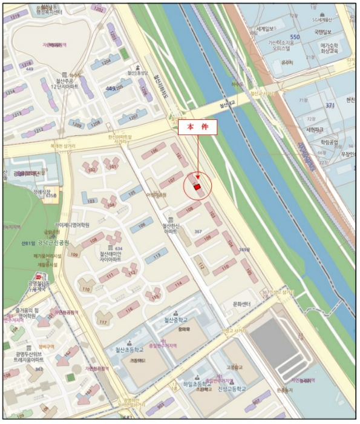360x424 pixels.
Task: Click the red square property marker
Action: click(x=197, y=188)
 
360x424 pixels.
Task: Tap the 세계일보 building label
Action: click(x=266, y=29)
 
